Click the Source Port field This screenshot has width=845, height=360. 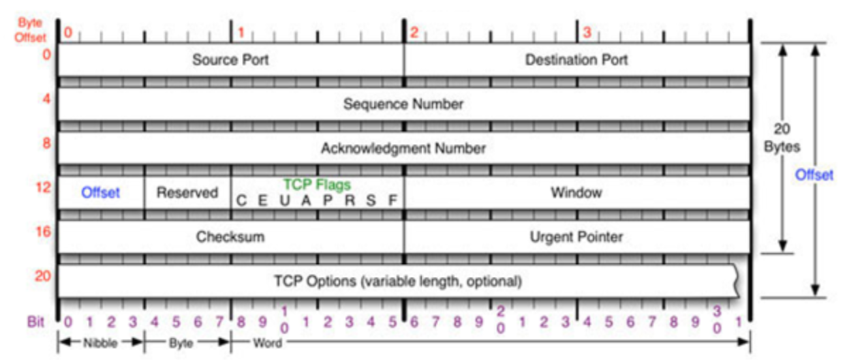pos(230,60)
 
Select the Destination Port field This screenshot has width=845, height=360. pos(577,60)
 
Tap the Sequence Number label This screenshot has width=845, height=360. pos(403,104)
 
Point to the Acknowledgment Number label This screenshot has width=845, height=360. pos(403,148)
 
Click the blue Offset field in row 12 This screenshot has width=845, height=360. pos(101,193)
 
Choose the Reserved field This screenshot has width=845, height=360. pos(187,193)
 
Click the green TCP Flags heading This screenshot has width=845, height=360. pos(317,185)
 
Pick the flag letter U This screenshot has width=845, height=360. pos(284,201)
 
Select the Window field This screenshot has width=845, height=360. pos(577,193)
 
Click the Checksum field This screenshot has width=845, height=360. pos(230,237)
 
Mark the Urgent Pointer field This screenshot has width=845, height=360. pos(577,237)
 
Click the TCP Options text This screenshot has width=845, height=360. pos(398,281)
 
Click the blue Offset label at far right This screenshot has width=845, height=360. pos(814,175)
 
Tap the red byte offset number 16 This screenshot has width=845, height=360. pos(43,232)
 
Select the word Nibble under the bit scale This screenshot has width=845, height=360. pos(101,342)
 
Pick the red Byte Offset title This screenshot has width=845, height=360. pos(30,31)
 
